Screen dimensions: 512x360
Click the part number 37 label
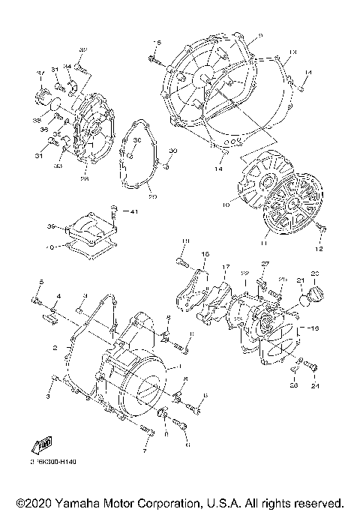[42, 73]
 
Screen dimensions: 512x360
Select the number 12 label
[320, 249]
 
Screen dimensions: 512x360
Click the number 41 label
[135, 212]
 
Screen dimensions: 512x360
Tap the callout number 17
[224, 267]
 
